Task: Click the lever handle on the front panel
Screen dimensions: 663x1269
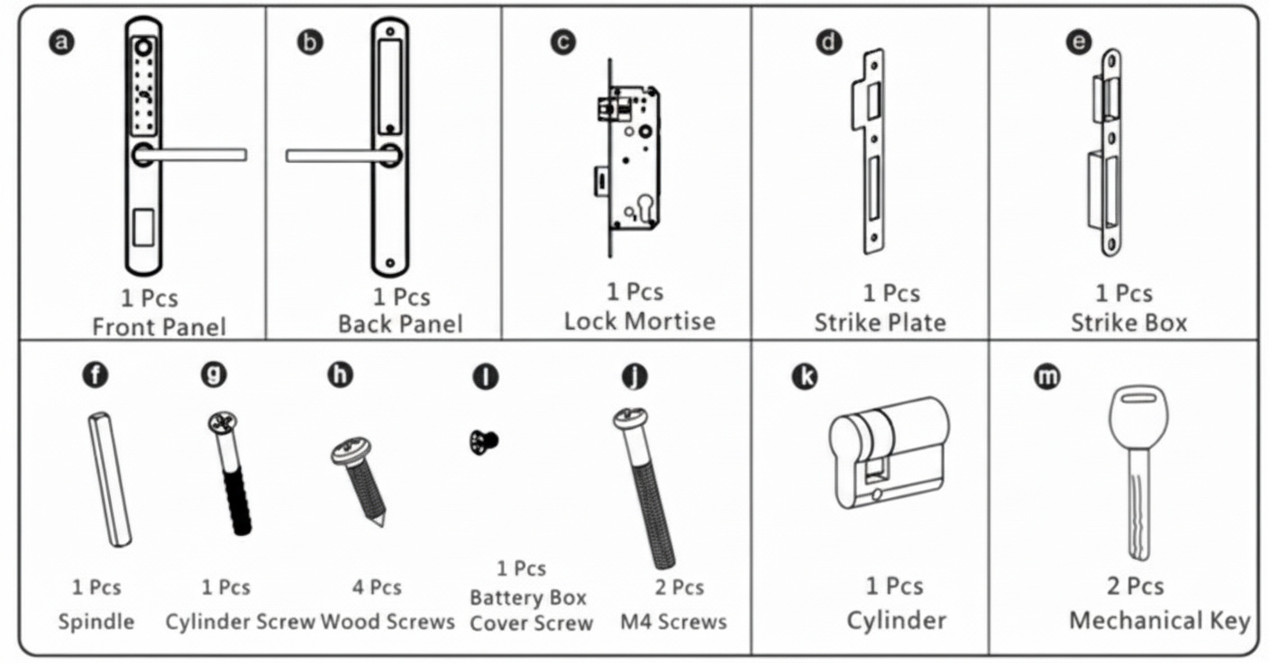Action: pos(194,155)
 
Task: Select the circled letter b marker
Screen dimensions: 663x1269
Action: pos(310,42)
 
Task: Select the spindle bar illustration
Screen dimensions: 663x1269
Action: pos(110,478)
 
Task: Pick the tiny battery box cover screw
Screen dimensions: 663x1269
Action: pos(484,440)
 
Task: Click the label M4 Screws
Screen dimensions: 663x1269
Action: pos(673,622)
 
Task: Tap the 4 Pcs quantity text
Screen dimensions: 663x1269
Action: pos(377,587)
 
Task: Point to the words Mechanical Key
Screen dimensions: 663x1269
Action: pos(1159,621)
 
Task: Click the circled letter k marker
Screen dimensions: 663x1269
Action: pos(804,377)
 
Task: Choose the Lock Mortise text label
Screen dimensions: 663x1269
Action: pos(639,321)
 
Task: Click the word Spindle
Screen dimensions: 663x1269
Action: pos(96,622)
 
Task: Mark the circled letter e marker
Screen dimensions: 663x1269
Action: pos(1078,42)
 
